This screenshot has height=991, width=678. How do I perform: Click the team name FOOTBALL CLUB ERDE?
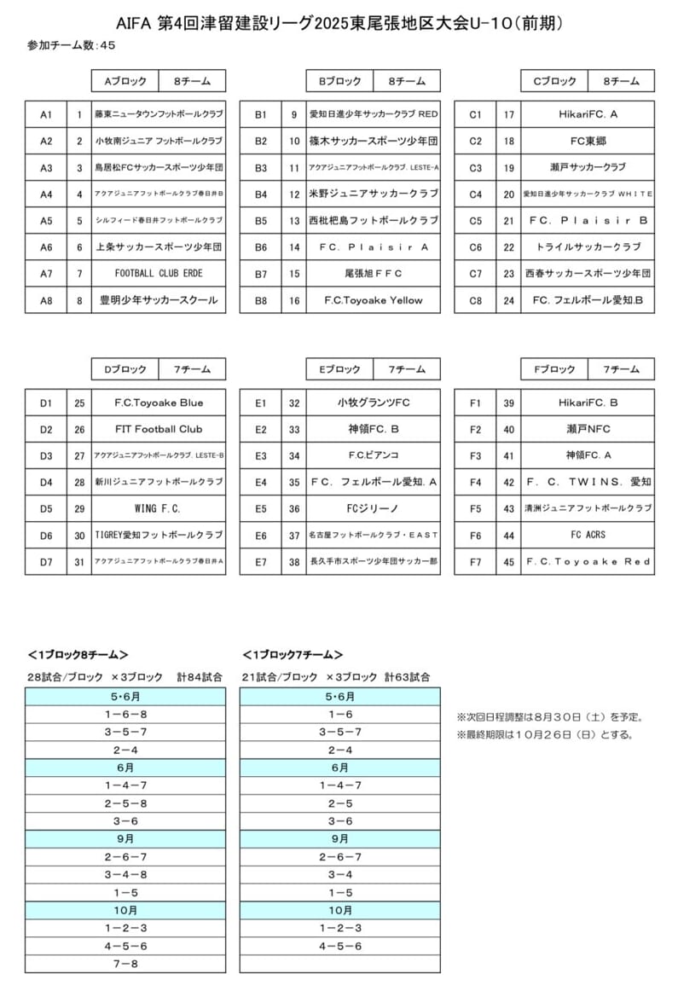159,274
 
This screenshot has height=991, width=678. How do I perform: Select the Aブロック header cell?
125,82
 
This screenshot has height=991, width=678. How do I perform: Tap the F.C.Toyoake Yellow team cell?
374,300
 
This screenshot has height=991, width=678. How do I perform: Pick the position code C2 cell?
475,141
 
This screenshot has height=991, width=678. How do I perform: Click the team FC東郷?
588,141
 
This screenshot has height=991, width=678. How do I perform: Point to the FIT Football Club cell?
159,429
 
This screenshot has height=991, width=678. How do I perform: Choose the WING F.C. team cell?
159,509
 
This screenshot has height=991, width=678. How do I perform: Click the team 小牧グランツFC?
374,403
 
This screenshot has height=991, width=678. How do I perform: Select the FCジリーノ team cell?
374,509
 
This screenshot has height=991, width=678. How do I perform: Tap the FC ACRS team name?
588,536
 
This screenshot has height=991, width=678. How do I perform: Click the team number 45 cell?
509,562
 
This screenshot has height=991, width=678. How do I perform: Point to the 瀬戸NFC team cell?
588,429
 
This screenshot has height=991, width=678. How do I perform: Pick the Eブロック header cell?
339,369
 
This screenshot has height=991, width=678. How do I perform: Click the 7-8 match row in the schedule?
125,964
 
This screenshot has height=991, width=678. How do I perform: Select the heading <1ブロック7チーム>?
293,655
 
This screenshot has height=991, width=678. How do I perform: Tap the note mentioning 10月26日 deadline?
546,734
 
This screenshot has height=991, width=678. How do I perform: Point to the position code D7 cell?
46,562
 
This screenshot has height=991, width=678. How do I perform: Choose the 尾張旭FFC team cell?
374,274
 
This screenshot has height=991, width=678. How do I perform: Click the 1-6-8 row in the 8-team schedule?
125,714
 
